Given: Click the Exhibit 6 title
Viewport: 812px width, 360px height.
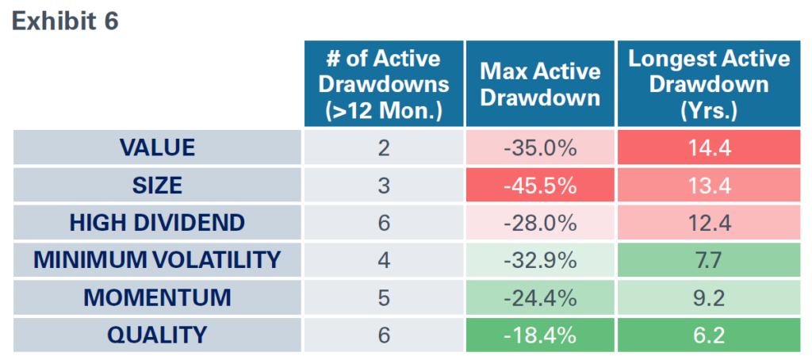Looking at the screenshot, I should point(65,21).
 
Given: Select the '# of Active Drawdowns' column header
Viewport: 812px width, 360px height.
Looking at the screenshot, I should point(384,84).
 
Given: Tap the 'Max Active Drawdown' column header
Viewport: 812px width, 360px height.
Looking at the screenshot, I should point(540,84).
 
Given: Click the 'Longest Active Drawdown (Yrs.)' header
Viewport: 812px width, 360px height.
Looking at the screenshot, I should point(709,84).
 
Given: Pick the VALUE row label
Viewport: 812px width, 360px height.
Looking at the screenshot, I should point(157,147).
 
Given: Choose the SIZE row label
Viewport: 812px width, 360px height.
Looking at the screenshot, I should point(157,185).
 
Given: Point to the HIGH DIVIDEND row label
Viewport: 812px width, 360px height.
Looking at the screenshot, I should point(157,223).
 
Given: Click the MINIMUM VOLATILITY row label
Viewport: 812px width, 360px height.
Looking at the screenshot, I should point(157,260).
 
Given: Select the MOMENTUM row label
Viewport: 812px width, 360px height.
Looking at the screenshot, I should point(157,297).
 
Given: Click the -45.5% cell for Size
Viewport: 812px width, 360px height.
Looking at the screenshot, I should point(540,185).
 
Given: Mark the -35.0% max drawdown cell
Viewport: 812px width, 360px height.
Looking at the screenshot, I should point(540,147).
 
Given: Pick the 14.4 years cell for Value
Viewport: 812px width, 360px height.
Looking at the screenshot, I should point(709,147).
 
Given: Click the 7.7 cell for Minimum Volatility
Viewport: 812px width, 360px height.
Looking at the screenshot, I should point(709,260).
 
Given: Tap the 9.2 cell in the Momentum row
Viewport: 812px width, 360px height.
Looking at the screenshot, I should point(709,297).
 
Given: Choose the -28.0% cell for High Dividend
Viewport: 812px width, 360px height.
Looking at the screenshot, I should point(540,223).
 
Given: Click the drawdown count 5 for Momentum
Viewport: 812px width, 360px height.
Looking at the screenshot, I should point(384,297).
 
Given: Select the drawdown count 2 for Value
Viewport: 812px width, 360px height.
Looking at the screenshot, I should point(384,147).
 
